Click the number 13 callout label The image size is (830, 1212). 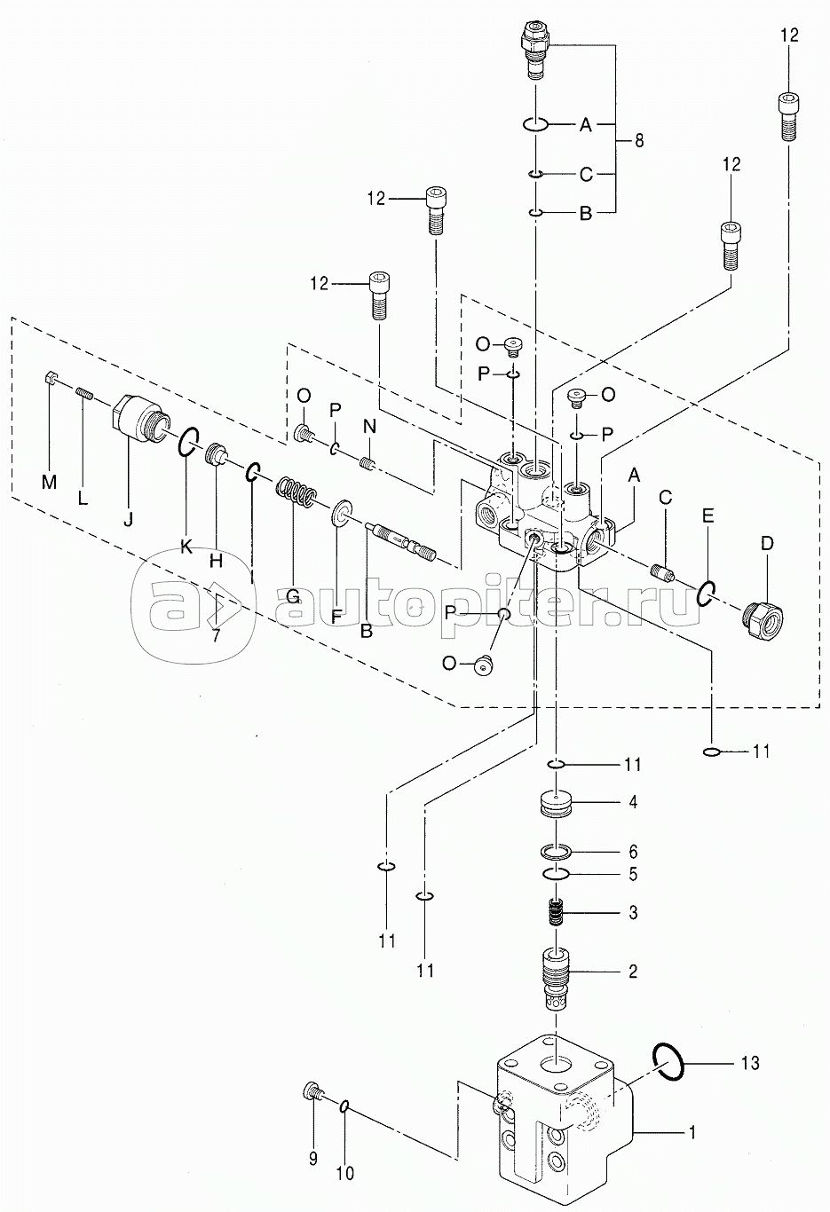point(749,1063)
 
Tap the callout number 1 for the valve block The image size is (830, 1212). point(692,1132)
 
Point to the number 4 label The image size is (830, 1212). point(633,802)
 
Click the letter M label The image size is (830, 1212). point(49,482)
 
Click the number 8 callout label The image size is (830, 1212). point(640,140)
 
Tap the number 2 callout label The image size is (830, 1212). point(633,971)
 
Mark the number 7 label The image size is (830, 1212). point(216,636)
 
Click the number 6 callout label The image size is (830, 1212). point(633,852)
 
